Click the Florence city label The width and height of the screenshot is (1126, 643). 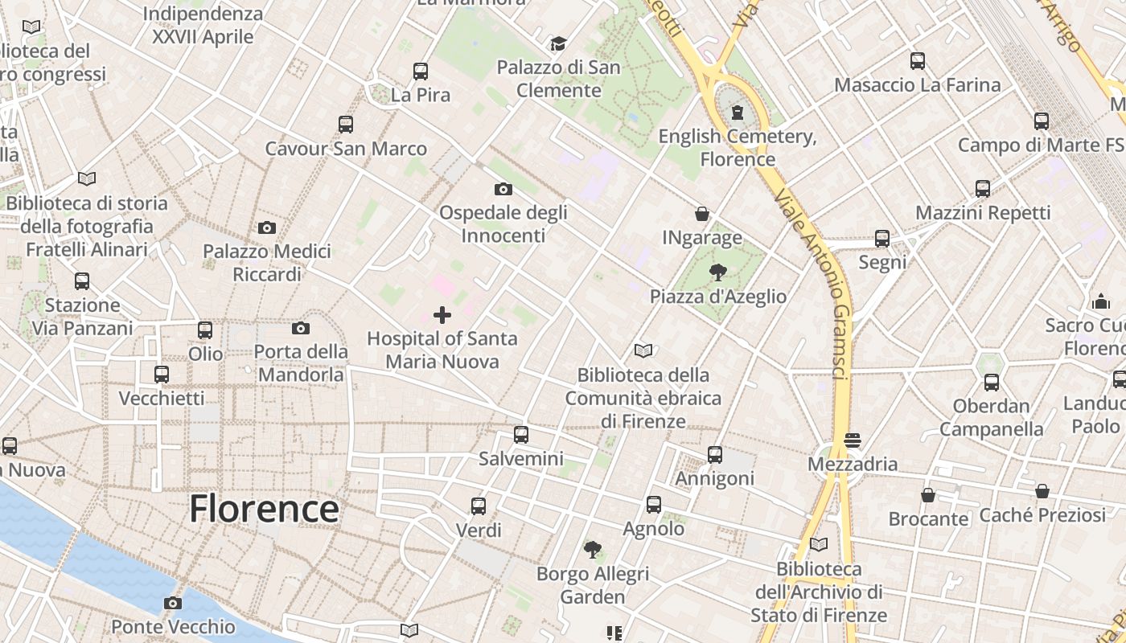pos(264,509)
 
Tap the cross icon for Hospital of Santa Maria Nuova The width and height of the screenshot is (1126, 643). pos(442,314)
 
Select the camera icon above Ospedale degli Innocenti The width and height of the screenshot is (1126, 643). pos(503,190)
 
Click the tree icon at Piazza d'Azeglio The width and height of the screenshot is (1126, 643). pos(718,272)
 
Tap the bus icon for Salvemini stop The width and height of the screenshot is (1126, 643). pos(521,435)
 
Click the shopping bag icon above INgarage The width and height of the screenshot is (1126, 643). pos(702,214)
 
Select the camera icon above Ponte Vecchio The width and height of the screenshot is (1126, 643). pos(173,603)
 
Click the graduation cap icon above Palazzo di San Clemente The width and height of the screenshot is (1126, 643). pos(558,43)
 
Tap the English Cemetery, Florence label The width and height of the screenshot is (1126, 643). pos(738,147)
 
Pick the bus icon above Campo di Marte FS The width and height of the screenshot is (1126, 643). pos(1042,121)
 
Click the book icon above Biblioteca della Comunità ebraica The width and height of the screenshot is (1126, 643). pos(643,350)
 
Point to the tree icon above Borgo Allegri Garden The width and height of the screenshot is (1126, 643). pos(593,550)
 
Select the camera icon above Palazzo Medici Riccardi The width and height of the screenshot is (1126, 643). pos(267,227)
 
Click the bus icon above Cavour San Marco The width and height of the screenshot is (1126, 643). pos(346,125)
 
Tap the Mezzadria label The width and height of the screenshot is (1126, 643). pos(853,464)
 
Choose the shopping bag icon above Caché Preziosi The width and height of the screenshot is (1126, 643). pos(1042,491)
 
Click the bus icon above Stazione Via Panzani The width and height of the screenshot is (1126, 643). pos(82,281)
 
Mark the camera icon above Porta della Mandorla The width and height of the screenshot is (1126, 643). pos(301,328)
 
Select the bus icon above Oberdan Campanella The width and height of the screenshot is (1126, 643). pos(992,383)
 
